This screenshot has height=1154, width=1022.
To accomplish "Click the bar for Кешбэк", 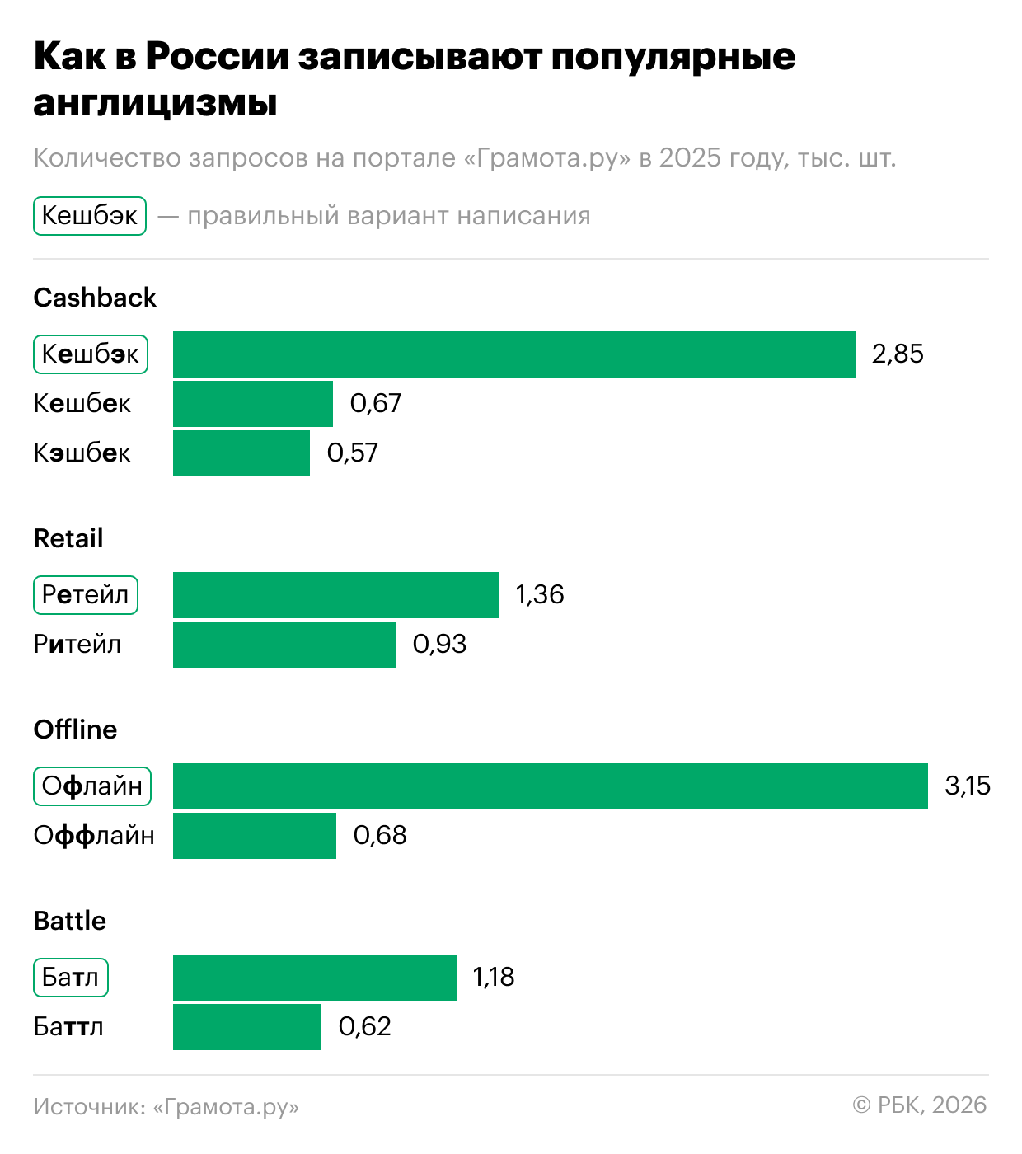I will click(x=513, y=354).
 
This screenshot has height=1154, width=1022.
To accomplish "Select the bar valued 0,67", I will click(x=252, y=404).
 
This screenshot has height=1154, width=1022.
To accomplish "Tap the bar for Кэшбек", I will click(x=241, y=453).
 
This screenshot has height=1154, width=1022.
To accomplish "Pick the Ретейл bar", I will click(x=335, y=595).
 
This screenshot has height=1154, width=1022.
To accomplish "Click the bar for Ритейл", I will click(x=284, y=645).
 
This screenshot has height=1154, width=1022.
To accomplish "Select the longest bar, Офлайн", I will click(x=550, y=786).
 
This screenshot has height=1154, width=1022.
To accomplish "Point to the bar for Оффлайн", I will click(x=254, y=836).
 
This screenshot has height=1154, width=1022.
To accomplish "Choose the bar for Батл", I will click(x=314, y=978).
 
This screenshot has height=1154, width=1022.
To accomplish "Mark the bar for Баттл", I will click(x=246, y=1027).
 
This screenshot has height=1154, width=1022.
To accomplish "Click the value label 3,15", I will click(x=968, y=786).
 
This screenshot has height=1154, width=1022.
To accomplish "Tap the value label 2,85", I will click(x=898, y=354).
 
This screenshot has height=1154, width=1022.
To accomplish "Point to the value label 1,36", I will click(x=540, y=595).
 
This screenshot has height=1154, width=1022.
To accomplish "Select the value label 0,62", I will click(x=364, y=1027).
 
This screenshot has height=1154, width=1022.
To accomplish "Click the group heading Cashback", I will click(x=95, y=298).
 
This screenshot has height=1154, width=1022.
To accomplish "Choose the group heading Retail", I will click(x=68, y=538).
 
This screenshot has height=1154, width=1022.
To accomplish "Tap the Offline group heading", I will click(x=75, y=729).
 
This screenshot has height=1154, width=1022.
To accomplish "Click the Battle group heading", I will click(x=70, y=921).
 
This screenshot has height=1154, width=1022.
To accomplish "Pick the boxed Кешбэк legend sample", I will click(x=90, y=216).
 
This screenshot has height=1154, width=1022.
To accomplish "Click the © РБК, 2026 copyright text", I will click(x=919, y=1105).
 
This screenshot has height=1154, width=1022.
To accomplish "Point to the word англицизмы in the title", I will click(x=155, y=104).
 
